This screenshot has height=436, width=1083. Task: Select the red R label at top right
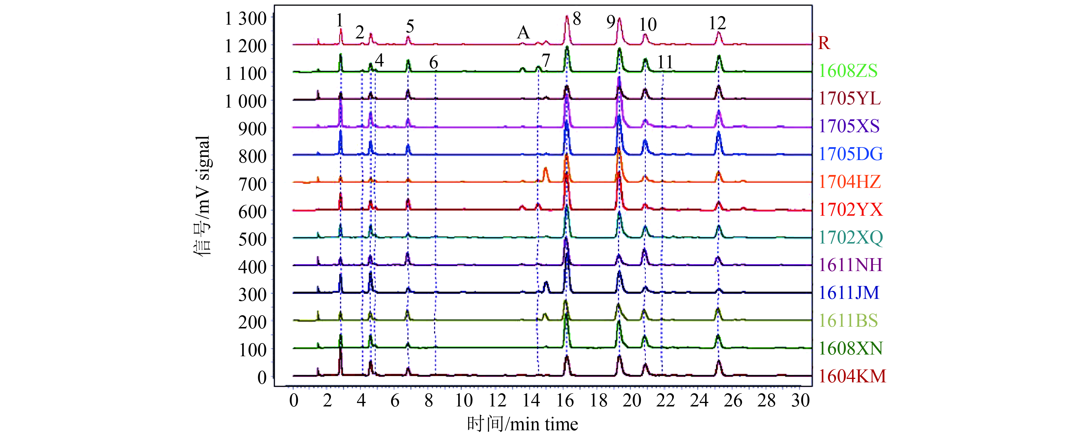pyautogui.click(x=824, y=43)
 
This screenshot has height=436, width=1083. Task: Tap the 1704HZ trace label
pyautogui.click(x=850, y=182)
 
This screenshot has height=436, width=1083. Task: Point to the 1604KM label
pyautogui.click(x=852, y=376)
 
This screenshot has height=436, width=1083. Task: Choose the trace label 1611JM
pyautogui.click(x=849, y=293)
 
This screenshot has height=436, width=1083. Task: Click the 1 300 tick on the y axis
pyautogui.click(x=246, y=19)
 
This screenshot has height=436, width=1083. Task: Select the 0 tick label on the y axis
pyautogui.click(x=262, y=377)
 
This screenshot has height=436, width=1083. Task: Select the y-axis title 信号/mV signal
pyautogui.click(x=203, y=196)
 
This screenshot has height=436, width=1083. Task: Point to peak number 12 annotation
pyautogui.click(x=717, y=23)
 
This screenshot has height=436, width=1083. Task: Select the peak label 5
pyautogui.click(x=410, y=26)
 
